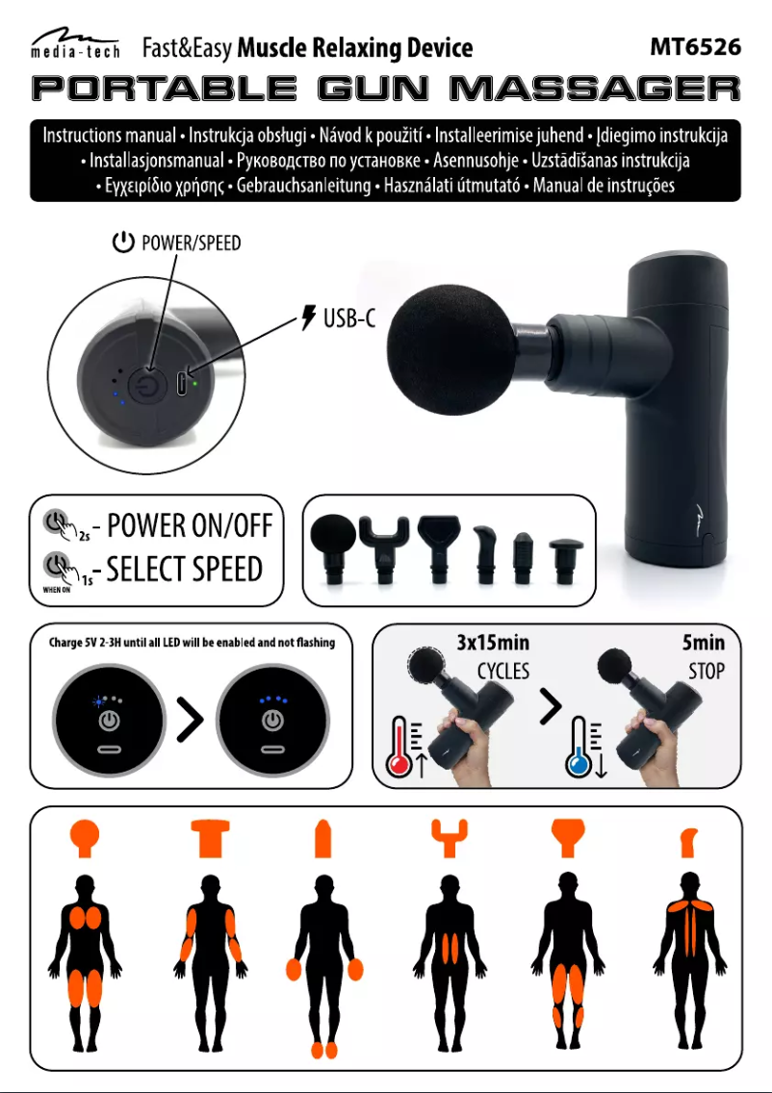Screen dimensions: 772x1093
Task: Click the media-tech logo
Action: [x=75, y=44]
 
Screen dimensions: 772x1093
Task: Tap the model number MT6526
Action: [x=695, y=47]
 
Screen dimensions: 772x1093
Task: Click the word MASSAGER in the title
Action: [x=595, y=89]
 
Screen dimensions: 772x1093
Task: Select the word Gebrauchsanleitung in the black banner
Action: [x=303, y=186]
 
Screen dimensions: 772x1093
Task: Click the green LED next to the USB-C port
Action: [x=194, y=383]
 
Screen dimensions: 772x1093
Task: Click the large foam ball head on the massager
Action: [x=450, y=349]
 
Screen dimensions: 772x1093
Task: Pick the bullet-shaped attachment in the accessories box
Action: [x=523, y=558]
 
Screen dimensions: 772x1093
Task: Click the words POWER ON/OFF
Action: [x=189, y=525]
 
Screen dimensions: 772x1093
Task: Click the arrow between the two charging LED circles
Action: [x=190, y=720]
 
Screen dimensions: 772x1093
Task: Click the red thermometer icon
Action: [x=399, y=747]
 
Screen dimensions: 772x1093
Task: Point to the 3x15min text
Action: [x=492, y=642]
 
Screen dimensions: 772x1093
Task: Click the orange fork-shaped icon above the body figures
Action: [x=450, y=838]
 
